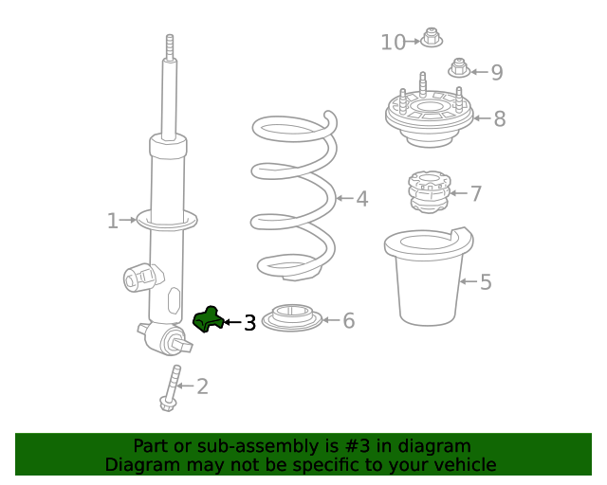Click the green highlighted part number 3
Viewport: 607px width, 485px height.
pyautogui.click(x=209, y=319)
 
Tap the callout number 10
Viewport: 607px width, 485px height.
pyautogui.click(x=393, y=43)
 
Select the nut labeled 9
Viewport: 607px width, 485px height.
pyautogui.click(x=459, y=68)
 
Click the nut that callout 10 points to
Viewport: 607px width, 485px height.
pyautogui.click(x=432, y=38)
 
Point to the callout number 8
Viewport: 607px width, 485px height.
pyautogui.click(x=500, y=118)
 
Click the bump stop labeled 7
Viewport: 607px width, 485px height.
pyautogui.click(x=430, y=192)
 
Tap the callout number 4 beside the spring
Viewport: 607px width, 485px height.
pyautogui.click(x=362, y=199)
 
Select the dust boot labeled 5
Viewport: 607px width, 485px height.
pyautogui.click(x=429, y=277)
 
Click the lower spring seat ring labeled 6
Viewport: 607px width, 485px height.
pyautogui.click(x=292, y=318)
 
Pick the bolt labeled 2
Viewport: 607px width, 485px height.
pyautogui.click(x=171, y=388)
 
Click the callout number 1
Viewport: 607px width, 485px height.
pyautogui.click(x=113, y=221)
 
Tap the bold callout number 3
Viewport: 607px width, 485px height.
pyautogui.click(x=250, y=323)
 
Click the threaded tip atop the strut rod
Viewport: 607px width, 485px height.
pyautogui.click(x=170, y=46)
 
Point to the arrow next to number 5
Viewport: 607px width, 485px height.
pyautogui.click(x=469, y=281)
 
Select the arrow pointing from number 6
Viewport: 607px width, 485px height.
pyautogui.click(x=331, y=320)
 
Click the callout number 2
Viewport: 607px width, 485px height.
pyautogui.click(x=202, y=386)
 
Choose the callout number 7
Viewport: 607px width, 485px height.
pyautogui.click(x=476, y=193)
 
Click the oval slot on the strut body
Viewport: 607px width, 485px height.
pyautogui.click(x=175, y=300)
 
